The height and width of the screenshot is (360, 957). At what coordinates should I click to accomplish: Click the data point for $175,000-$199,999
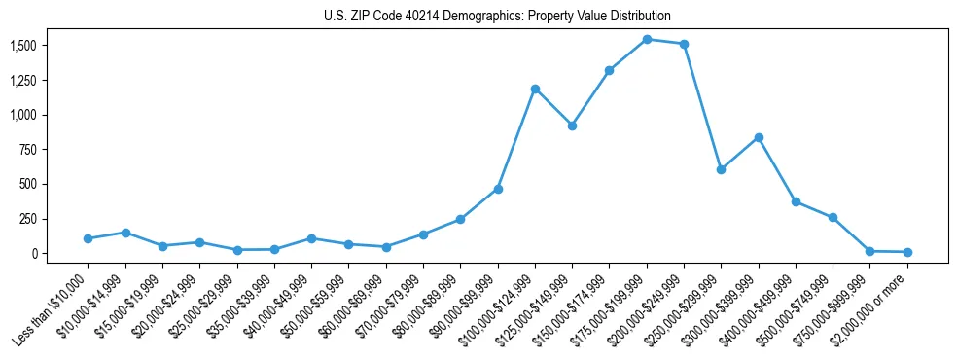coord(647,39)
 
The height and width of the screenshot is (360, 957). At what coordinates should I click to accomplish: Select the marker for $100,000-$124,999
coord(535,89)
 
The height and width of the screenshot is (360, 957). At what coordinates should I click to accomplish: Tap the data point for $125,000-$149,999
coord(572,126)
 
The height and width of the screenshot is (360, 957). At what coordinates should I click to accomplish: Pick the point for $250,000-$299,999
coord(721,169)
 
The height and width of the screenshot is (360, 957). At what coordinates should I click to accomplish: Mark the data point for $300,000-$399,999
coord(759,137)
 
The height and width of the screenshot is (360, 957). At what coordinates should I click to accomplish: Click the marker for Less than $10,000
coord(88,238)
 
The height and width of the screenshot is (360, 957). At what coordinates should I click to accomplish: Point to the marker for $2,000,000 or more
coord(907,252)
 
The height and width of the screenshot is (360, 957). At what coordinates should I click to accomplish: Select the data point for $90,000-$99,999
coord(498,189)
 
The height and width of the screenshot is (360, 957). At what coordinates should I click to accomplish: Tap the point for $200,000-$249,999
coord(684,44)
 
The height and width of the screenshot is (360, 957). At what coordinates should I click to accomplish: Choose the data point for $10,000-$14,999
coord(125,233)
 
